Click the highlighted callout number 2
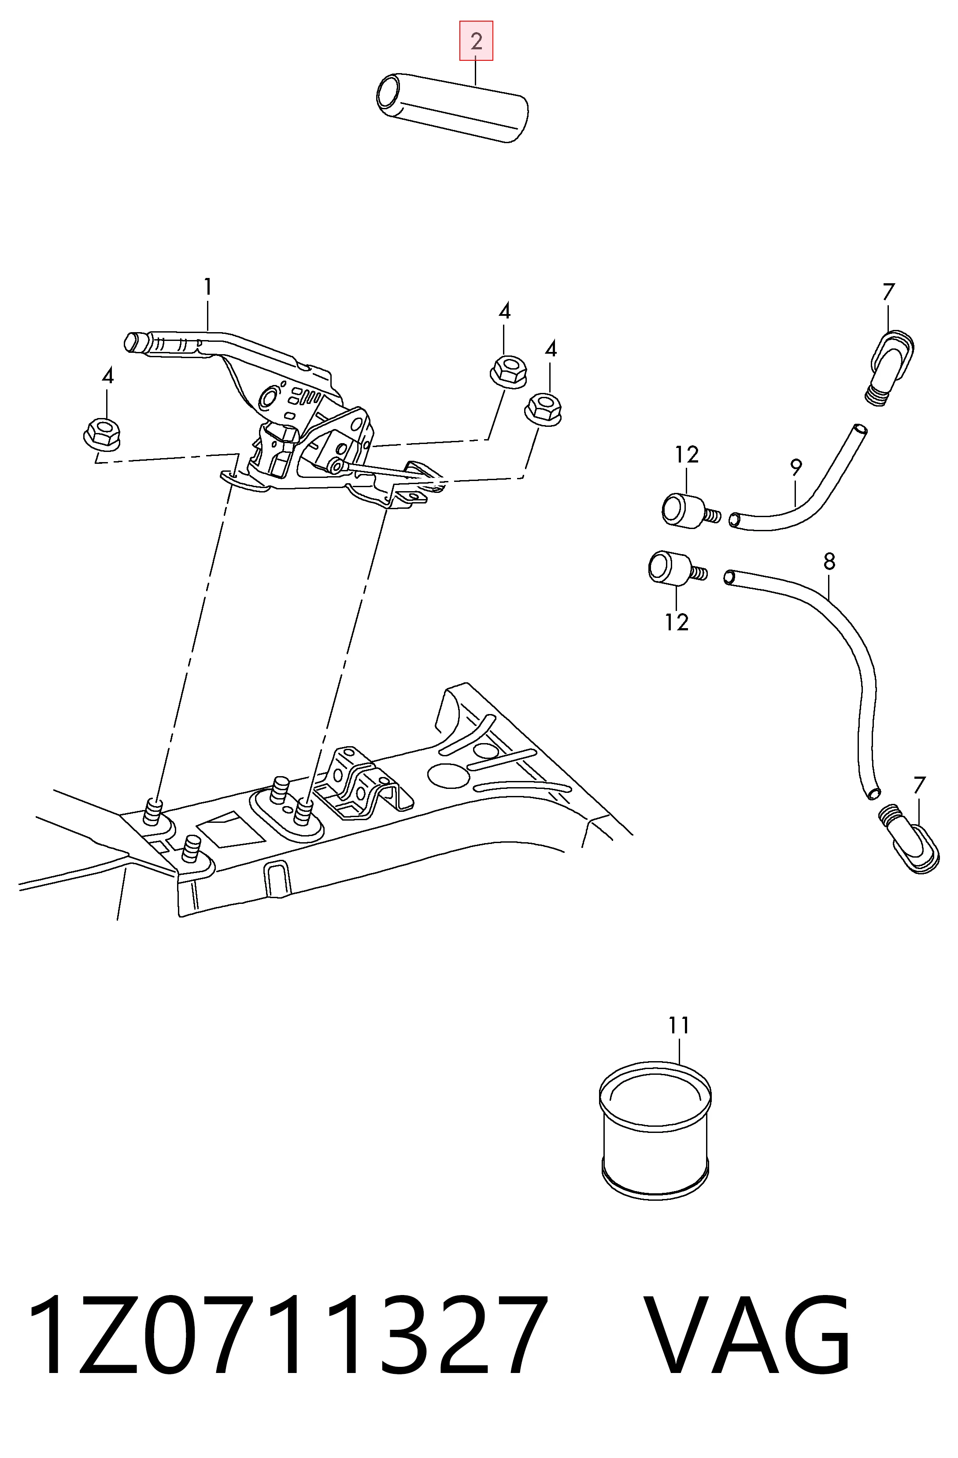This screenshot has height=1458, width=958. click(476, 41)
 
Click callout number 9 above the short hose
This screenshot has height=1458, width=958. click(795, 467)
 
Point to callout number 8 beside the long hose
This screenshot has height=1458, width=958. click(829, 561)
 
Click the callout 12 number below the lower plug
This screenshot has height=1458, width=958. click(677, 622)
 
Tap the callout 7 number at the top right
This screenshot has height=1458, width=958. click(889, 292)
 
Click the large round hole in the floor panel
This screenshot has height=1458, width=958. click(448, 775)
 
